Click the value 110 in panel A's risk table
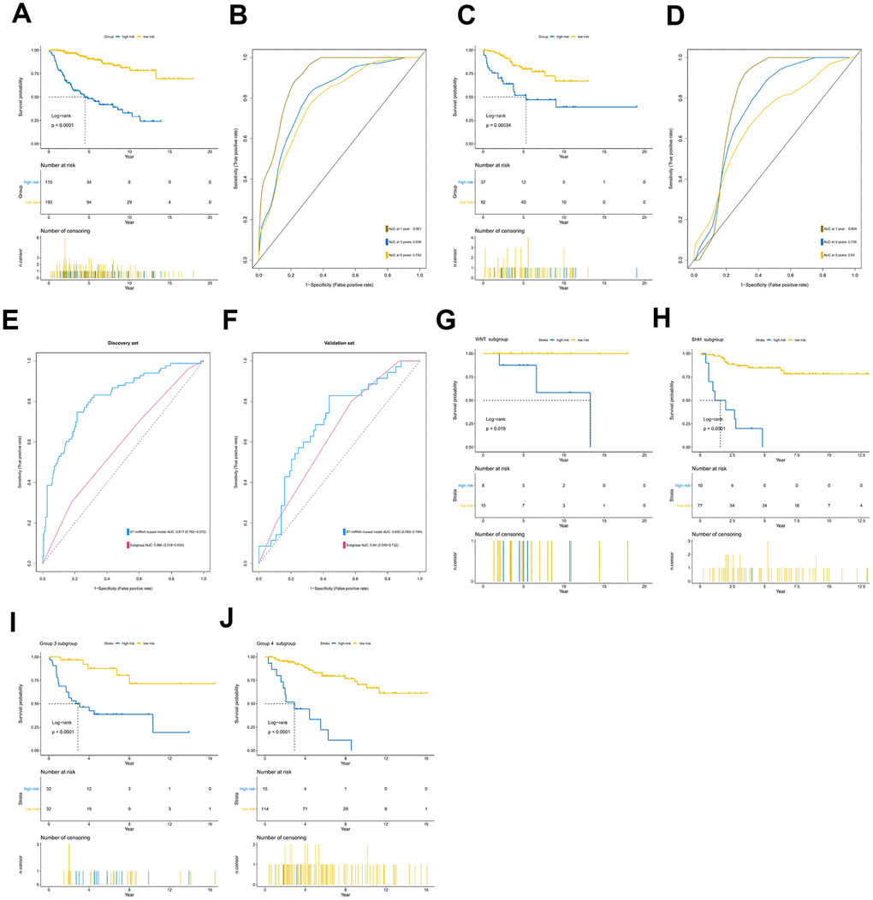coord(50,182)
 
